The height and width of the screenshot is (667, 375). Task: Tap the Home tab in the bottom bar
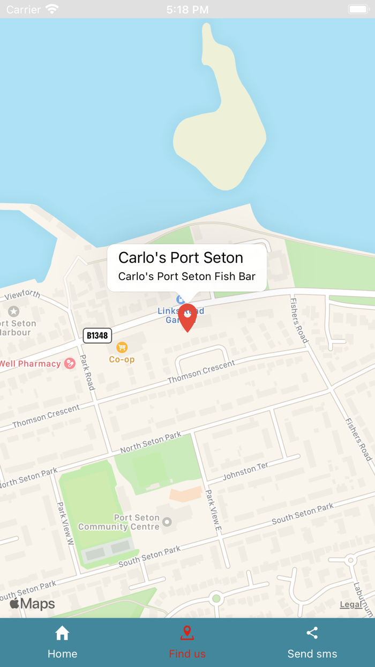pos(62,642)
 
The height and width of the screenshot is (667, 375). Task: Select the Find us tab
pos(187,642)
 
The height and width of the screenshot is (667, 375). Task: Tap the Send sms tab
pos(312,642)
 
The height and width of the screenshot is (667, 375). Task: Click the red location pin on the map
pos(187,316)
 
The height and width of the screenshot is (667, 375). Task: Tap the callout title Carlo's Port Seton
pos(181,258)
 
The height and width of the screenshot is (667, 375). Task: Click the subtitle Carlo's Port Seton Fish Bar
pos(186,277)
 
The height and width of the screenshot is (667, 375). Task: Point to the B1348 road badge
pos(97,336)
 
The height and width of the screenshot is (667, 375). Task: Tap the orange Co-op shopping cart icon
pos(122,347)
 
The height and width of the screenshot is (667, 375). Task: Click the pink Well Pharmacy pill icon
pos(70,364)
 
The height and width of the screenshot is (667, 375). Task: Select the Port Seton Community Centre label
pos(119,522)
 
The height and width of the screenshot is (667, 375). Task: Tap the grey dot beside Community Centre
pos(167,522)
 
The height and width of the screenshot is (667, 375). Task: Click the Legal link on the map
pos(351,605)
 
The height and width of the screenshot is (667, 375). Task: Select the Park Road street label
pos(87,372)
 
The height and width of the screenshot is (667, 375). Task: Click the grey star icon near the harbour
pos(13,312)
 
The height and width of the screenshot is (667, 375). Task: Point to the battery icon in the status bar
pos(357,9)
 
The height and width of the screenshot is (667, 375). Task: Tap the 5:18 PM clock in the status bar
pos(187,10)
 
